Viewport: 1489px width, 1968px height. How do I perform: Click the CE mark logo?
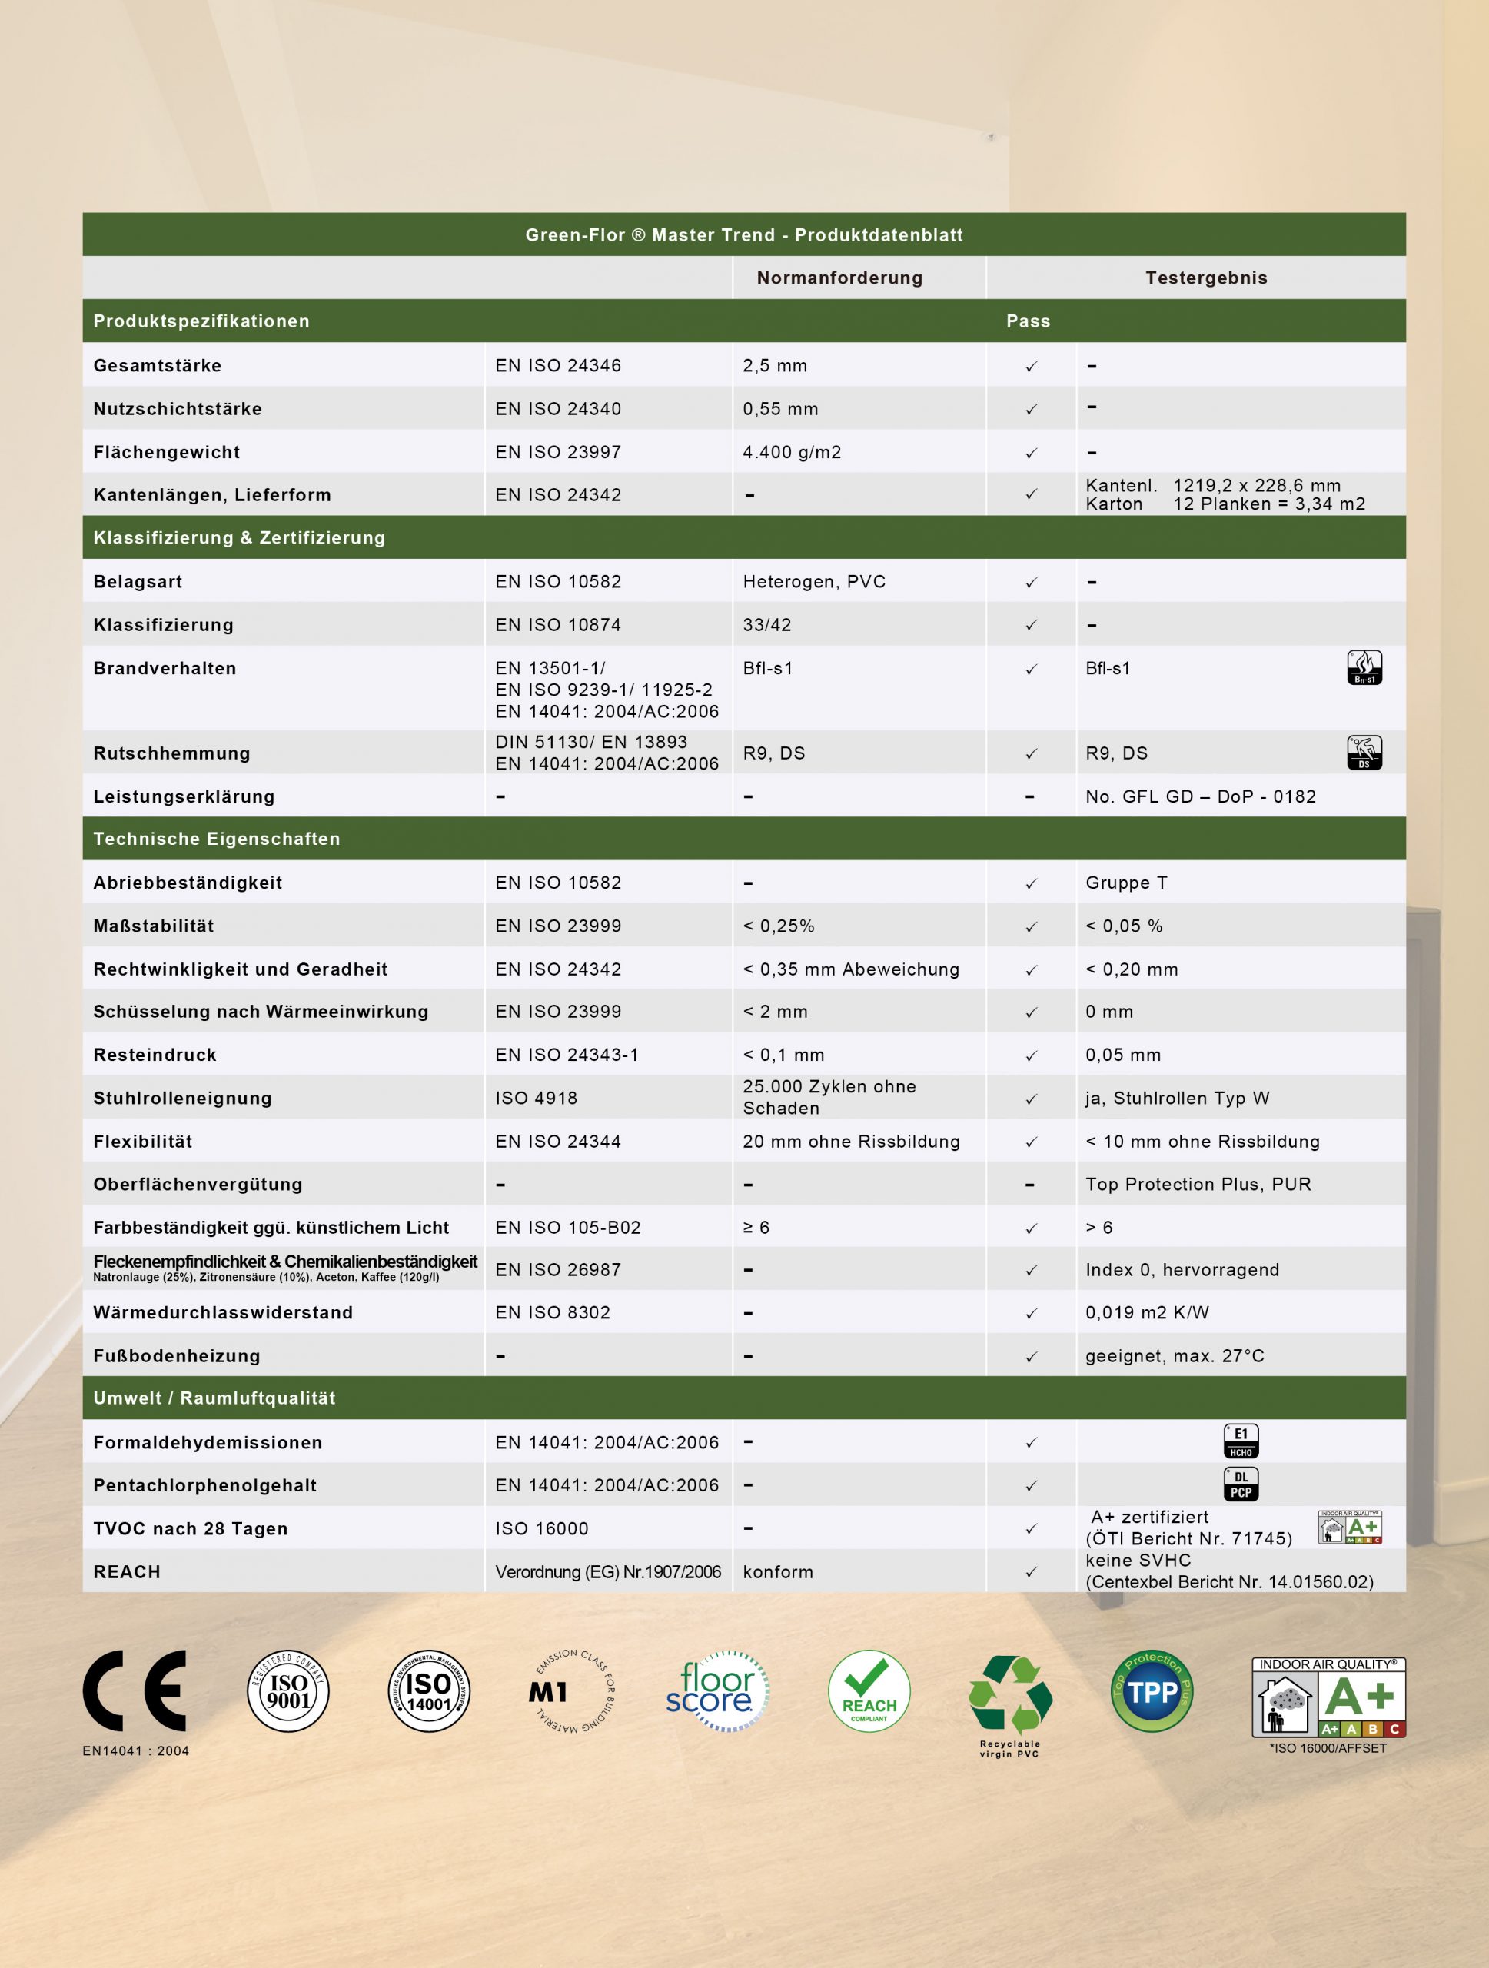135,1690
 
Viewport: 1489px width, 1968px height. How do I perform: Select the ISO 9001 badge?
288,1690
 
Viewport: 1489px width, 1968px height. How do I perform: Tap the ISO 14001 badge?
430,1690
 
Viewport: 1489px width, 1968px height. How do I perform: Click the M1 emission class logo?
572,1691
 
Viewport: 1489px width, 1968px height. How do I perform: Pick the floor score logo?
717,1690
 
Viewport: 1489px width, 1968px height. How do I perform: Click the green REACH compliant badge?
869,1690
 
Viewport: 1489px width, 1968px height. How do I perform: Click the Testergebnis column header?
1205,278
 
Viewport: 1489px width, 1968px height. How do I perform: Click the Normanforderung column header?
839,278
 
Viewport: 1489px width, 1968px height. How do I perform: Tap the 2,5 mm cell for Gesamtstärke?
775,366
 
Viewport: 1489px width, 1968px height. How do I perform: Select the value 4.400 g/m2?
792,452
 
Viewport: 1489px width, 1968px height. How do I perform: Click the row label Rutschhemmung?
171,753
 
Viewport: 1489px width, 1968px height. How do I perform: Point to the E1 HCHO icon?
1241,1441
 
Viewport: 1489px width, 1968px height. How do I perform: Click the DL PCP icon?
1241,1484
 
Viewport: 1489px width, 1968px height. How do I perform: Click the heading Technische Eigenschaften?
216,839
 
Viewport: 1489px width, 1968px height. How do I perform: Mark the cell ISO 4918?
537,1098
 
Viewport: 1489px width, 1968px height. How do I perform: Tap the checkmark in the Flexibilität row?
1031,1142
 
